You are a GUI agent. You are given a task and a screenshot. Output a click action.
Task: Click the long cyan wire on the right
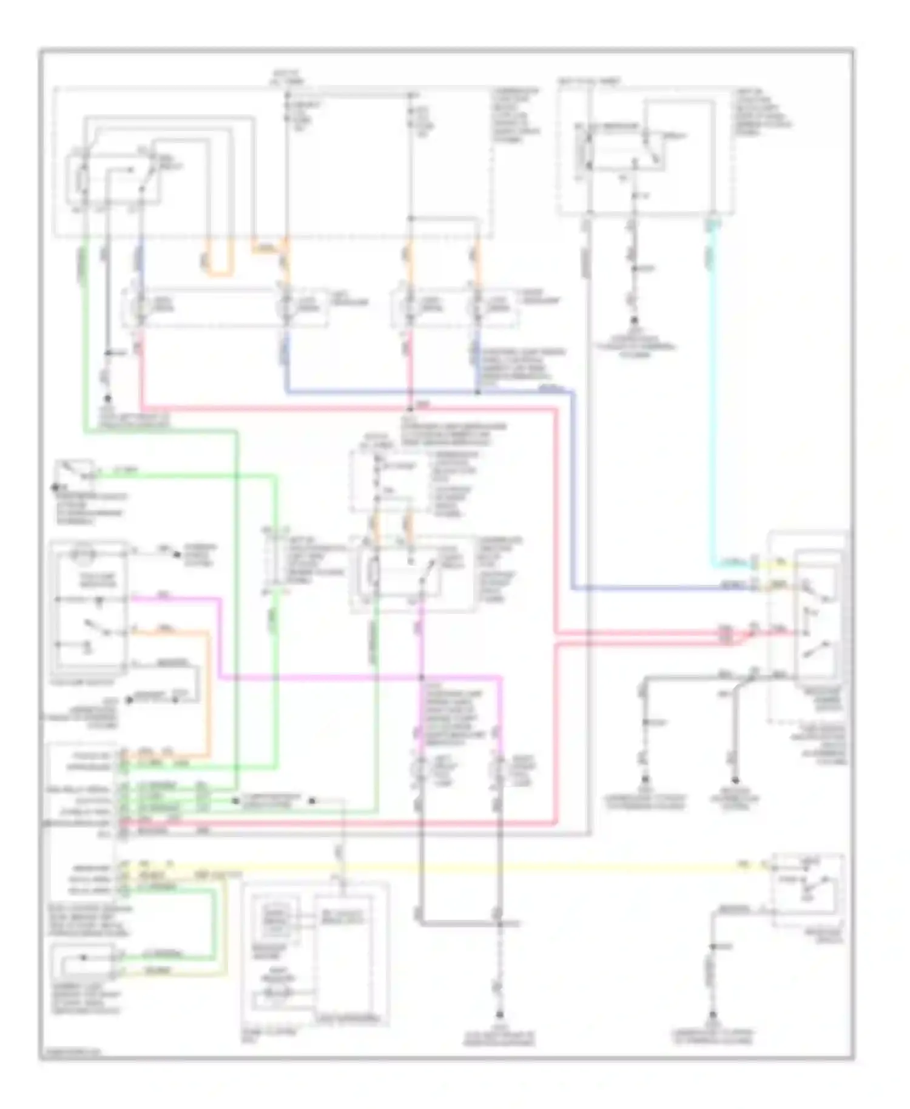coord(712,394)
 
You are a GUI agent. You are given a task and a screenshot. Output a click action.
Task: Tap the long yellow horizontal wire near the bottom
coord(485,868)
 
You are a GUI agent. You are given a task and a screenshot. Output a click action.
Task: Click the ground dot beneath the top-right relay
coord(634,320)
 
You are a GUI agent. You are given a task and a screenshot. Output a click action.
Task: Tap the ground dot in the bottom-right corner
coord(713,1015)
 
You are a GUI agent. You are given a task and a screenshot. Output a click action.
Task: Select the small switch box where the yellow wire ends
coord(807,889)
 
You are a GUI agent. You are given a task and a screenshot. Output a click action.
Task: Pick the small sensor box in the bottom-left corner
coord(85,963)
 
